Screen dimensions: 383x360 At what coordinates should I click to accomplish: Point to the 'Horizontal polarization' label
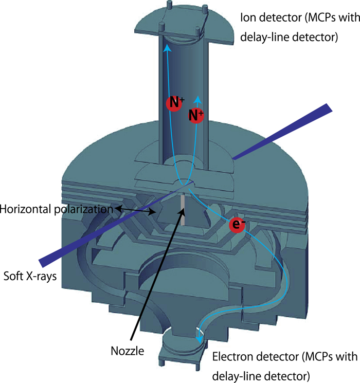tap(56, 209)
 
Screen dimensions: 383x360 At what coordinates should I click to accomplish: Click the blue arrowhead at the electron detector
tap(199, 340)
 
